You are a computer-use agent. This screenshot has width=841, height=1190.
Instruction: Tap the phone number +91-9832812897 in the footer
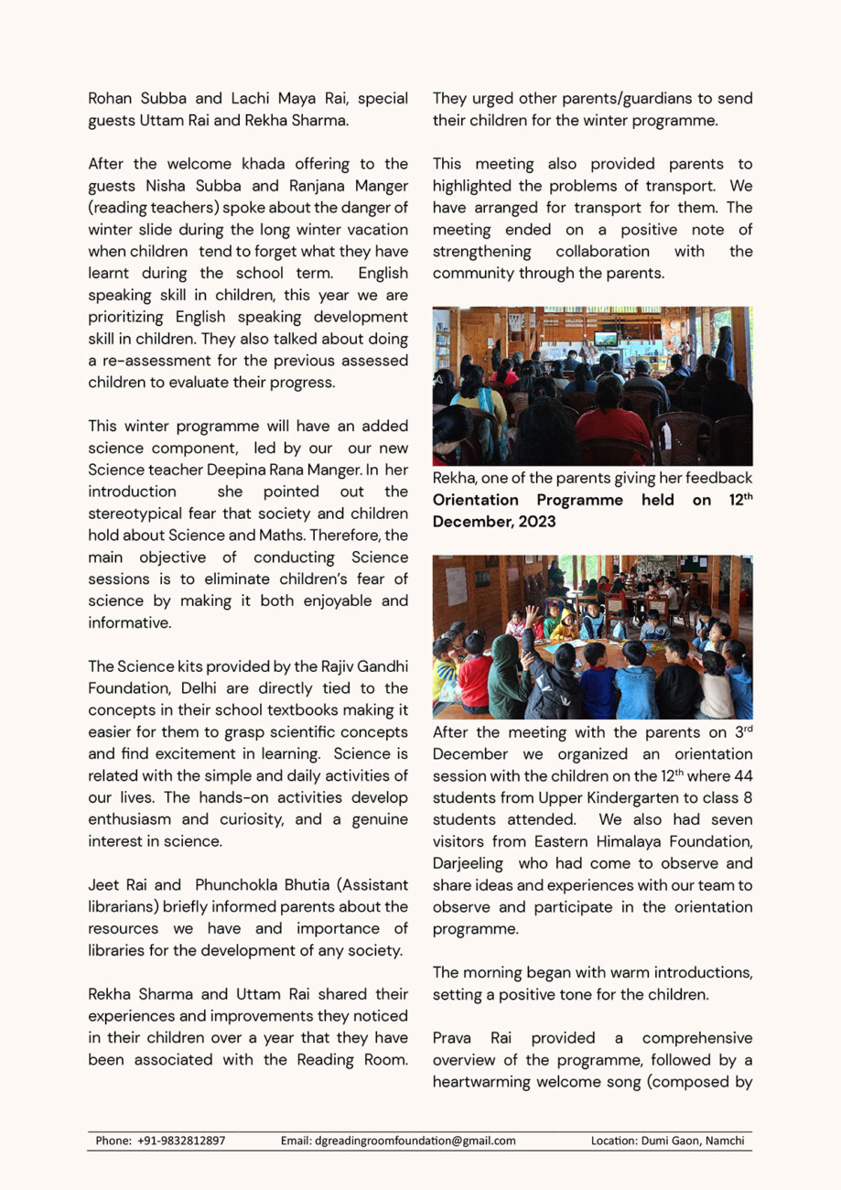tap(181, 1141)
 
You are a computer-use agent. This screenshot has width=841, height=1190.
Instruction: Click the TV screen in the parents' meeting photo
tap(605, 338)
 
